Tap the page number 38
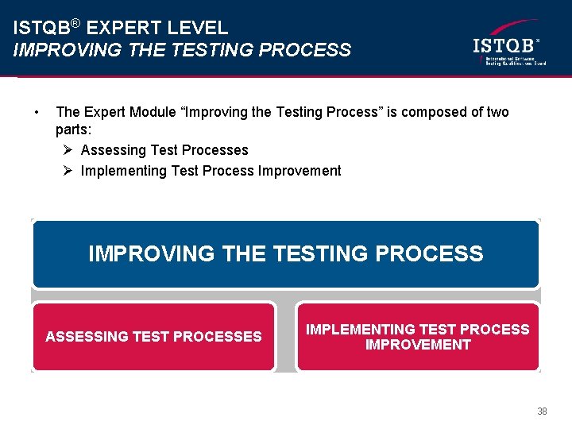click(x=542, y=412)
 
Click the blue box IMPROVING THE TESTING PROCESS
click(x=285, y=254)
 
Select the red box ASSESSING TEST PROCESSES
click(x=153, y=337)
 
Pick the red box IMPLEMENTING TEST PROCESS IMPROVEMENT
click(x=417, y=337)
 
